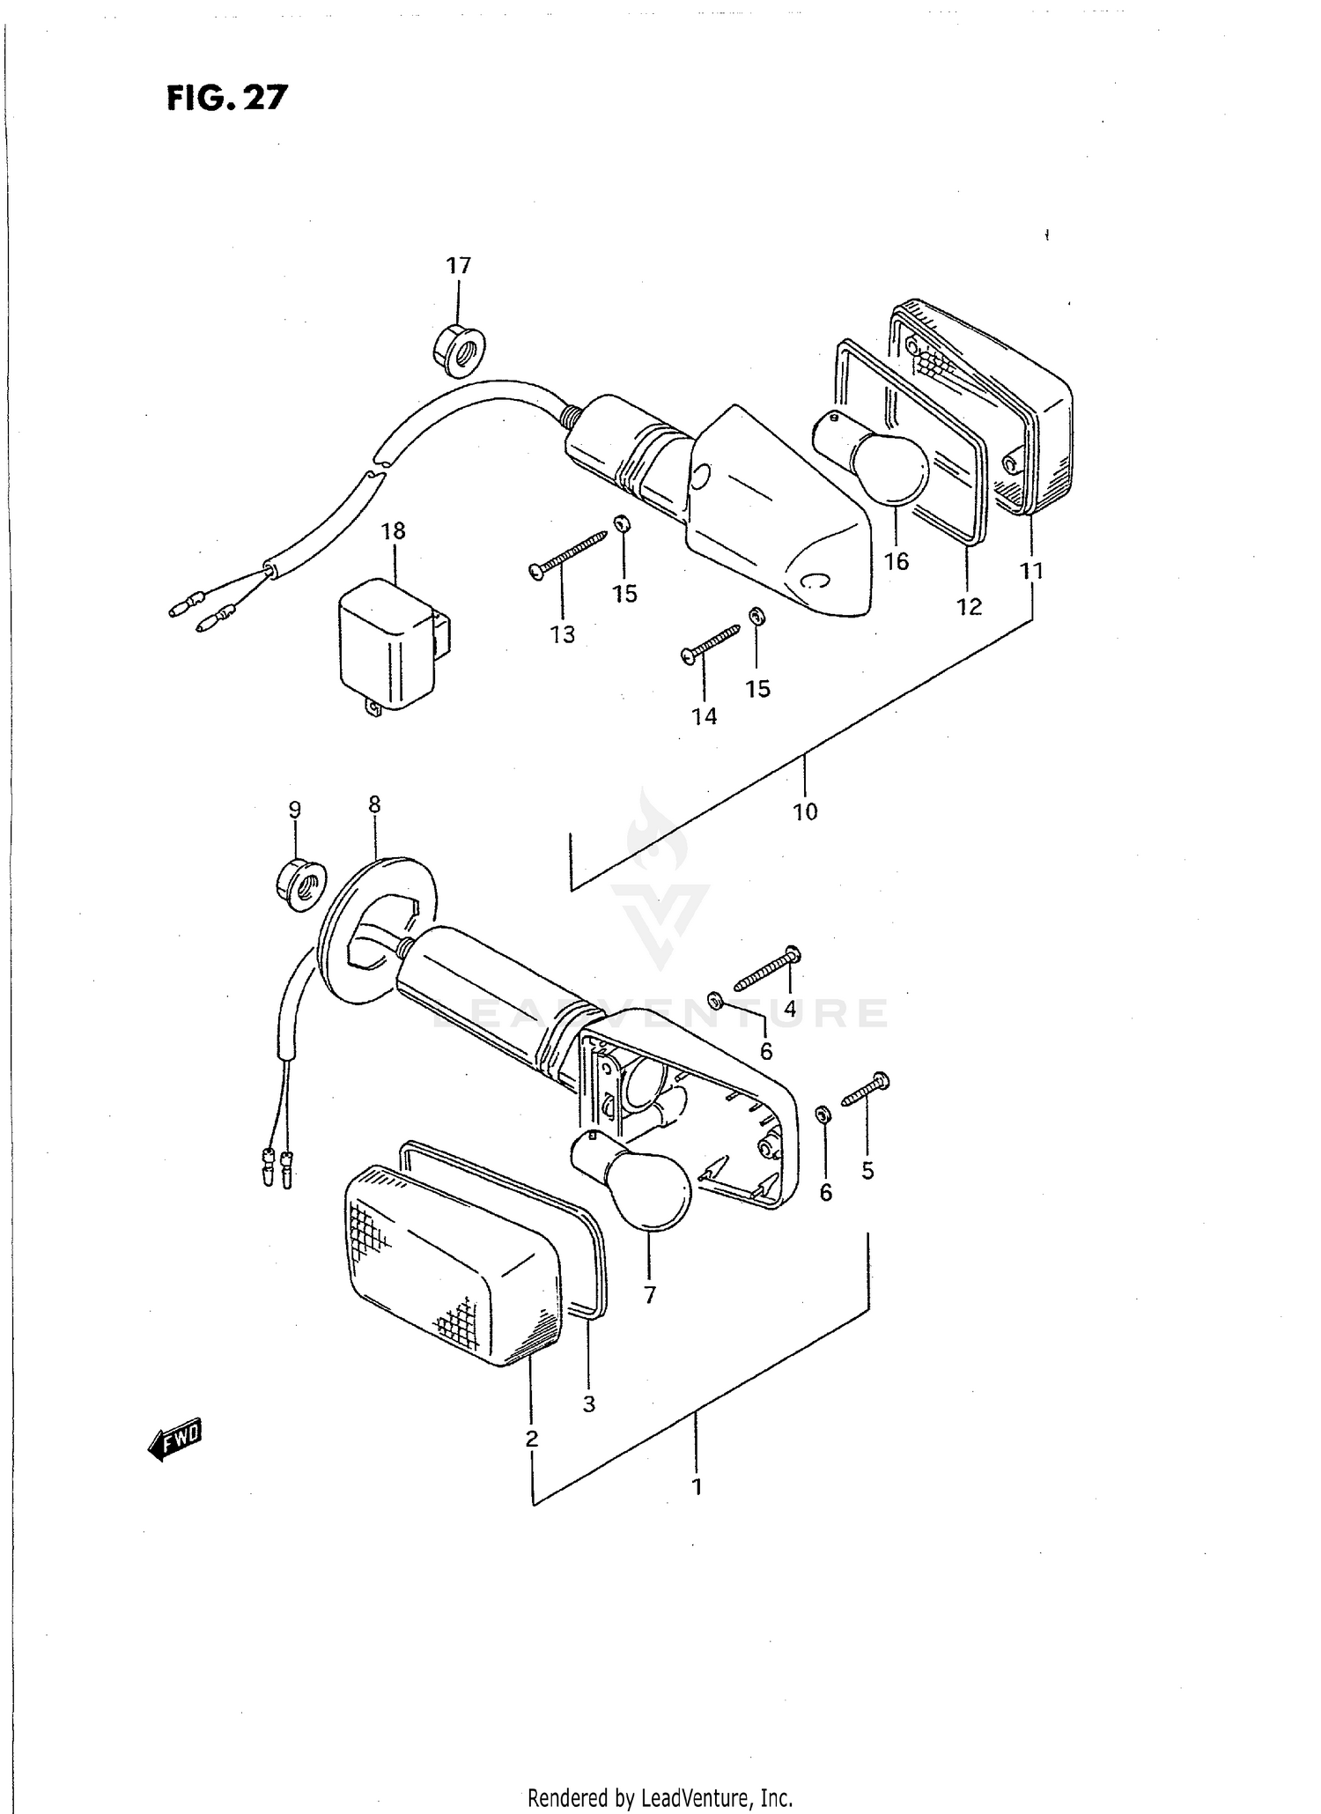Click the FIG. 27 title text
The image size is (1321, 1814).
227,98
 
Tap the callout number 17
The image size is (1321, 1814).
458,265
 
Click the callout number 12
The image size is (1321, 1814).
969,606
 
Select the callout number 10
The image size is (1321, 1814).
805,811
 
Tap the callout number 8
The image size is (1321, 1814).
374,803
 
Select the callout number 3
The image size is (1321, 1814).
588,1403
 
